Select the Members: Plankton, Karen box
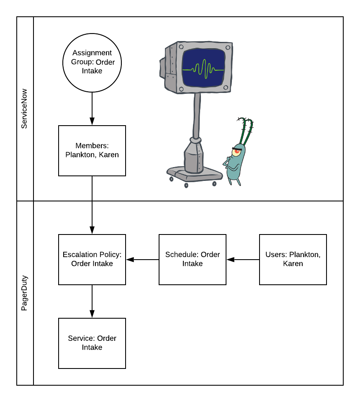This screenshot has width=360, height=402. pos(92,151)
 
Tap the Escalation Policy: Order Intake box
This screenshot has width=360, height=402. pos(92,260)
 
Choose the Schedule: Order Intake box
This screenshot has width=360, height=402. pos(193,260)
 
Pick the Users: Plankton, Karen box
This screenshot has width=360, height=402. pos(293,260)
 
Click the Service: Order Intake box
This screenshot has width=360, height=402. pos(92,343)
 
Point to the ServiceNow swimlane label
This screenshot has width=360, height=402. pos(25,109)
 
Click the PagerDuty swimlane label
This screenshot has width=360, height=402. pos(25,293)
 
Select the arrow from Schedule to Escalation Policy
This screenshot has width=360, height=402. pos(142,260)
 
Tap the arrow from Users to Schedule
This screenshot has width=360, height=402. pos(243,260)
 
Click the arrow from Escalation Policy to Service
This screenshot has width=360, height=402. pos(92,301)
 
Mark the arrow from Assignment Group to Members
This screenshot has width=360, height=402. pos(92,109)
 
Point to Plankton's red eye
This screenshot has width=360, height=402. pos(237,152)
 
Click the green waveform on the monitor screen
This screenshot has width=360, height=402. pos(204,68)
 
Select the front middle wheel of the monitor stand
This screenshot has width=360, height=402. pos(186,185)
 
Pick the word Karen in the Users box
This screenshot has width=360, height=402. pos(293,264)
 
